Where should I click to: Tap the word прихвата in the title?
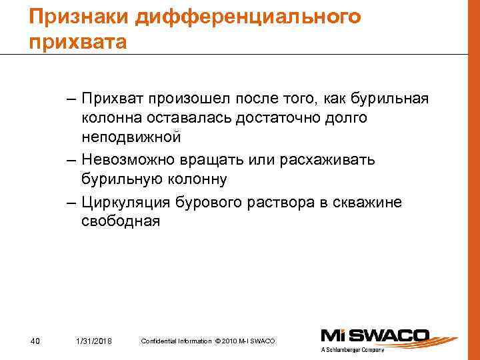77,43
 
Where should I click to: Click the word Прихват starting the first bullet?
111,100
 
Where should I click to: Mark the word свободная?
121,221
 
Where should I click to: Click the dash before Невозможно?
71,161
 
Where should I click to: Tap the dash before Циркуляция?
71,203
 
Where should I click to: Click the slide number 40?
36,341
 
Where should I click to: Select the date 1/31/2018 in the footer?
93,341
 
